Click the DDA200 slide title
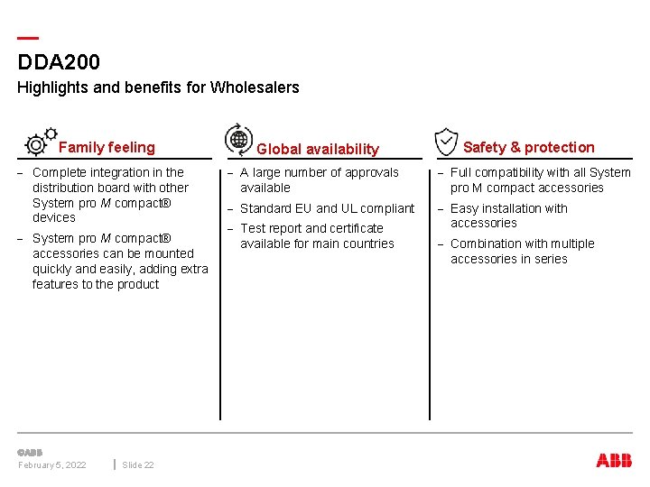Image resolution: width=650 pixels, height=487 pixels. click(59, 62)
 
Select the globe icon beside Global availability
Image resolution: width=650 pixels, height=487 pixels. click(238, 139)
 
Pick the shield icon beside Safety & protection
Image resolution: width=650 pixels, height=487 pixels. click(446, 142)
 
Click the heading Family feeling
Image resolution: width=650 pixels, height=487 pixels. click(107, 147)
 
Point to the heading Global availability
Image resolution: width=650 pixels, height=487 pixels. click(318, 149)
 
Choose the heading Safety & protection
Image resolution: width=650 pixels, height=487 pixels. click(528, 147)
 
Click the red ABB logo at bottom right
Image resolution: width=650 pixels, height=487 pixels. click(614, 460)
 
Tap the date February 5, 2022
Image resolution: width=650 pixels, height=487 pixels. click(52, 464)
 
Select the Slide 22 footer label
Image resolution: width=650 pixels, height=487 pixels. click(138, 464)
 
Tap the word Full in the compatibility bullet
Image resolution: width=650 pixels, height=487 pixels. click(461, 172)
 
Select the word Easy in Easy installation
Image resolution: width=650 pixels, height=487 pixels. click(464, 208)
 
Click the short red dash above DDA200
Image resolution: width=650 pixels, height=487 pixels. click(28, 38)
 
